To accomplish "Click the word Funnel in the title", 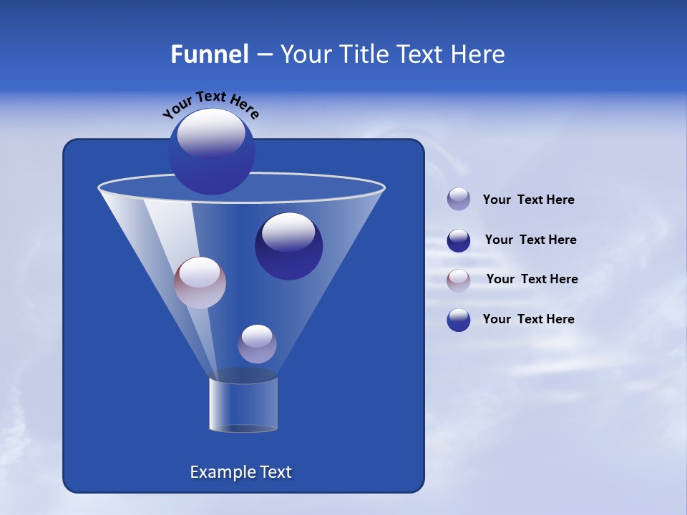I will [209, 54].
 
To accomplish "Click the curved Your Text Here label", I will [210, 105].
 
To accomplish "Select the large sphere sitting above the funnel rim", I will [212, 152].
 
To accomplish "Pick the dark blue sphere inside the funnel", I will [288, 246].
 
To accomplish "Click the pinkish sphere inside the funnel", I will [200, 283].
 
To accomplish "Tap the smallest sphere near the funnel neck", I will [257, 344].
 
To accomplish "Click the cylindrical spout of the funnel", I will [243, 404].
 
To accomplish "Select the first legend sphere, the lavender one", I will [459, 200].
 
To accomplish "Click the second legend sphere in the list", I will [459, 240].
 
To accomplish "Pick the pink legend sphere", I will [459, 280].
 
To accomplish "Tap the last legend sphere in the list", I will [459, 320].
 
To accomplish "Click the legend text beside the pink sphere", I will [532, 279].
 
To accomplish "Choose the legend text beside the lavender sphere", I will [528, 200].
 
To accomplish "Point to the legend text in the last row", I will [528, 319].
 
